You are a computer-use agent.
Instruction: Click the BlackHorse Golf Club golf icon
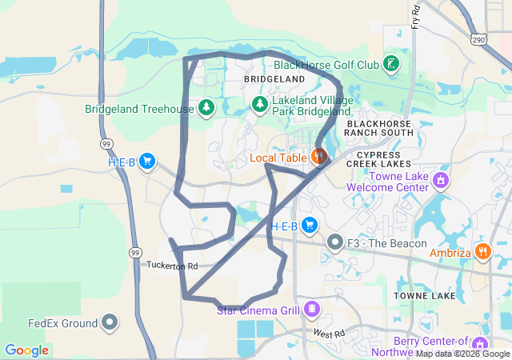390,64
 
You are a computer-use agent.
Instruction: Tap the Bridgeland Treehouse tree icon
206,107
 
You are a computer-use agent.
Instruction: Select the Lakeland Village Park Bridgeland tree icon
259,104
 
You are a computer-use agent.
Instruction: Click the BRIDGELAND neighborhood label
274,80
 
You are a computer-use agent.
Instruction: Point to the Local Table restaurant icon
319,157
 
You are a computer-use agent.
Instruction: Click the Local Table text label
278,158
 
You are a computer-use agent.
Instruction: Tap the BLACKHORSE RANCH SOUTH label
381,128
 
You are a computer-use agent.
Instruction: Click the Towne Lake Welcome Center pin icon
440,179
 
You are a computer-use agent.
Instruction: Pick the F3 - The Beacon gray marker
334,242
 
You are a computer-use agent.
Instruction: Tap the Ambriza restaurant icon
483,251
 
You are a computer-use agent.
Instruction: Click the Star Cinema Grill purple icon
311,309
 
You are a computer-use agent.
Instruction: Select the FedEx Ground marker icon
110,323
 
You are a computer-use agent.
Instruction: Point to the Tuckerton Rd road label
171,266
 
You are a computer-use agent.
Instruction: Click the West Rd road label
328,333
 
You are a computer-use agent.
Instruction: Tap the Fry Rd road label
416,15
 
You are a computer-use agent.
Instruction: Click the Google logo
26,350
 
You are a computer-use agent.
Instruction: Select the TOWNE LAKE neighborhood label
425,296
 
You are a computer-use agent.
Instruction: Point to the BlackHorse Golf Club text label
326,65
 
